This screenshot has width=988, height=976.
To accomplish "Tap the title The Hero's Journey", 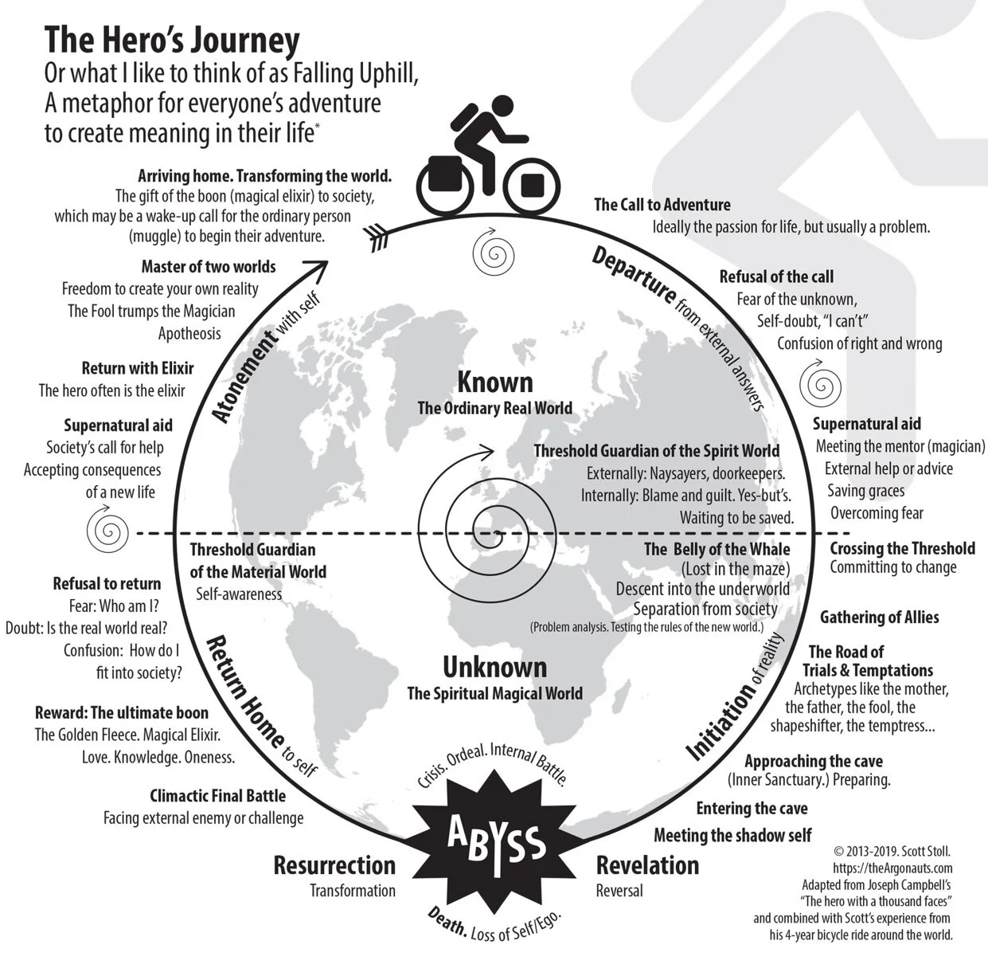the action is (172, 40).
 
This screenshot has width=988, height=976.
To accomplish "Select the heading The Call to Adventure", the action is (662, 205).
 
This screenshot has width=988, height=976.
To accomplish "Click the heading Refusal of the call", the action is (776, 276).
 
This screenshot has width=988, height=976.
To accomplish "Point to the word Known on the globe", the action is (494, 382).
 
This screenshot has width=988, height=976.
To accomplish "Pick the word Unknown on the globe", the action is (494, 667).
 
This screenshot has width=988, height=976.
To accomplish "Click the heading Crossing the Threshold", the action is (902, 548).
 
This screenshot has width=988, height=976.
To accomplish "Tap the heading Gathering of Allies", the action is (879, 617).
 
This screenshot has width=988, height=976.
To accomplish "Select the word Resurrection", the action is (334, 865).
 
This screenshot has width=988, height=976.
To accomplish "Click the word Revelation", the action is (647, 865).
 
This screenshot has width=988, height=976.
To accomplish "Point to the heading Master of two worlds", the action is (209, 266).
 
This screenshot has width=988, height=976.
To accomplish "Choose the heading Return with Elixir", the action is (138, 368).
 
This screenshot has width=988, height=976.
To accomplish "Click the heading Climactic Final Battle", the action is (217, 795).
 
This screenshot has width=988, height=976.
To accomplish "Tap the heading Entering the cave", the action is (752, 809).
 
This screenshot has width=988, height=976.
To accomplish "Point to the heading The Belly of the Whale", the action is (717, 549).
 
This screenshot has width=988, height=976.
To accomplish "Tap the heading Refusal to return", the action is (107, 583).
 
